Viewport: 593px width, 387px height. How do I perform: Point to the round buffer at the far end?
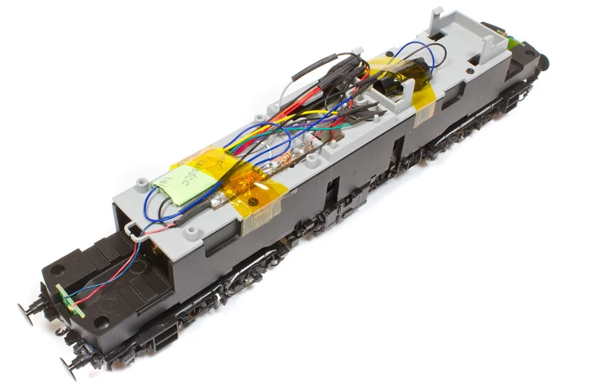click(x=543, y=61)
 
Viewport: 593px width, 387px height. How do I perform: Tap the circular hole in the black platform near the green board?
click(x=101, y=322)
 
